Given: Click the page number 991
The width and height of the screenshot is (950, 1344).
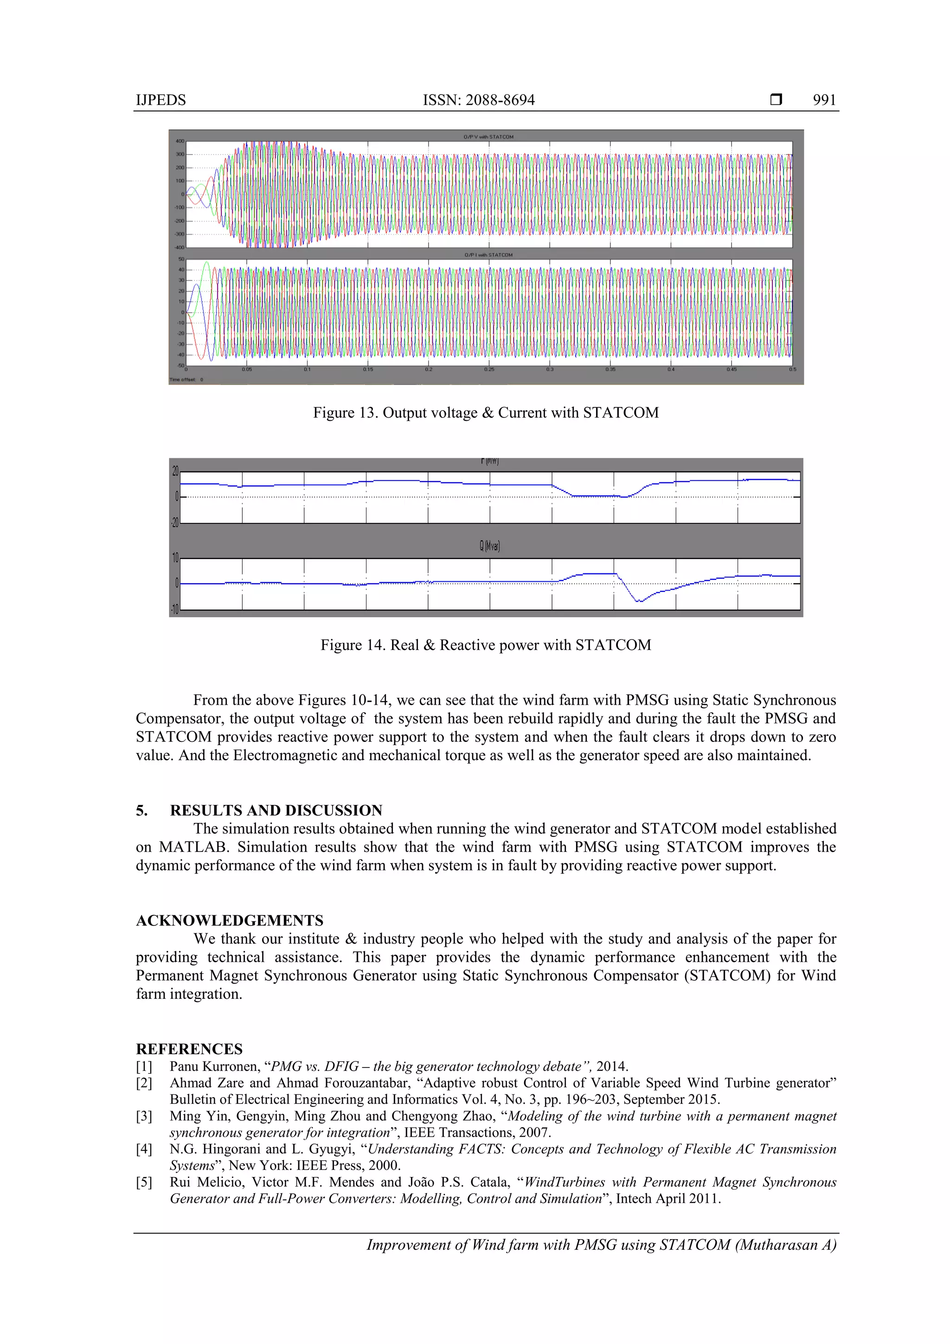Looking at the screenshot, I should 824,100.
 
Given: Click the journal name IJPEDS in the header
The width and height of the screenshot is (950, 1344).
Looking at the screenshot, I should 161,100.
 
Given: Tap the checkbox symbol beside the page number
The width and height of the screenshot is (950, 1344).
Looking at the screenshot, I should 776,100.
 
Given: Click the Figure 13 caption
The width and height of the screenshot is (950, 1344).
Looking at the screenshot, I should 485,413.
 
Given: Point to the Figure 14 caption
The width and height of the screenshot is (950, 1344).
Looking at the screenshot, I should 485,645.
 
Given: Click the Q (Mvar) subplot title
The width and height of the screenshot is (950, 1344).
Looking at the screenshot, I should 489,546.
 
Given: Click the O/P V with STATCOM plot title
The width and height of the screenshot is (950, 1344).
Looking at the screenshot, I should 488,137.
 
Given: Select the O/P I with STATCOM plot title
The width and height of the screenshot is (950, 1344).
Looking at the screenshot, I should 488,255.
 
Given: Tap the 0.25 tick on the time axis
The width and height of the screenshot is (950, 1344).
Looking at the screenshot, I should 489,370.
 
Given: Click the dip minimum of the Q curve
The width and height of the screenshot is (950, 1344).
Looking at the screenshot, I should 639,601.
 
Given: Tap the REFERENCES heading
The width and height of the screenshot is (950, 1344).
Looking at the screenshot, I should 189,1049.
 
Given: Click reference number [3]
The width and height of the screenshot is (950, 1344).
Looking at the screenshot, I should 144,1116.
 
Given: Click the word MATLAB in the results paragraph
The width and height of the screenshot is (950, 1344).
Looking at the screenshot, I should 194,848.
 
